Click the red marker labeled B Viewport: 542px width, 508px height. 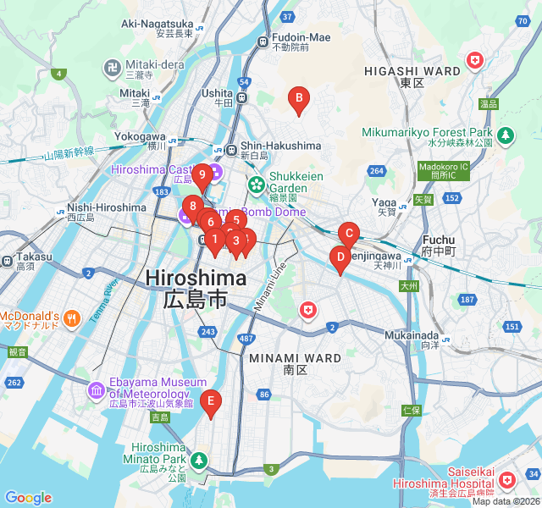pyautogui.click(x=297, y=101)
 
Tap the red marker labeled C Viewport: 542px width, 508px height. pyautogui.click(x=348, y=235)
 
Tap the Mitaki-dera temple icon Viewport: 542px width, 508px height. pyautogui.click(x=112, y=66)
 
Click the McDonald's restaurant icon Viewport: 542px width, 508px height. pyautogui.click(x=72, y=318)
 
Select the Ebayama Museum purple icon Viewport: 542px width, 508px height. pyautogui.click(x=96, y=390)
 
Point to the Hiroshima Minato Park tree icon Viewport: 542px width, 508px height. pyautogui.click(x=199, y=461)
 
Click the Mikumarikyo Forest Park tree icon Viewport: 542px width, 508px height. pyautogui.click(x=506, y=135)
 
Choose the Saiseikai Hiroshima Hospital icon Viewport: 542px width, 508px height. pyautogui.click(x=506, y=481)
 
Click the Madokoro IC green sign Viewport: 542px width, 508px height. pyautogui.click(x=443, y=170)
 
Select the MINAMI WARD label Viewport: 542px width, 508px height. pyautogui.click(x=295, y=358)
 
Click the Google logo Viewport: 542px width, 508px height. pyautogui.click(x=28, y=498)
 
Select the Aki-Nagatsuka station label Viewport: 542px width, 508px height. pyautogui.click(x=158, y=24)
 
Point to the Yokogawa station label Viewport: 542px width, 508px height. pyautogui.click(x=140, y=135)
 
